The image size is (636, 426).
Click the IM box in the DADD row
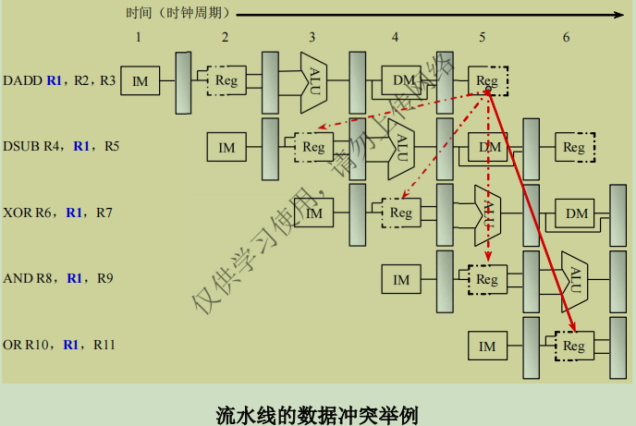(141, 82)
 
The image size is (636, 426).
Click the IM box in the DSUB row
(226, 147)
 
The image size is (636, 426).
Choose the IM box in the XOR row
(314, 213)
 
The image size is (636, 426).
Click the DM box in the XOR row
(576, 213)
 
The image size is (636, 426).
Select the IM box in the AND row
(401, 279)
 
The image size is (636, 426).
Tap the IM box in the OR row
(487, 347)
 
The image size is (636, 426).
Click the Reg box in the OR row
(574, 347)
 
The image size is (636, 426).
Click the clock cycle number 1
(138, 37)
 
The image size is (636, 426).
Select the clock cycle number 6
(566, 37)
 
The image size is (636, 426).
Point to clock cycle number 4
(395, 37)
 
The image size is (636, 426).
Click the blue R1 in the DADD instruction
(55, 81)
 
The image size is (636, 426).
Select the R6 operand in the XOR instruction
(45, 213)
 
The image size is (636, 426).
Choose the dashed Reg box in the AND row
(487, 279)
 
